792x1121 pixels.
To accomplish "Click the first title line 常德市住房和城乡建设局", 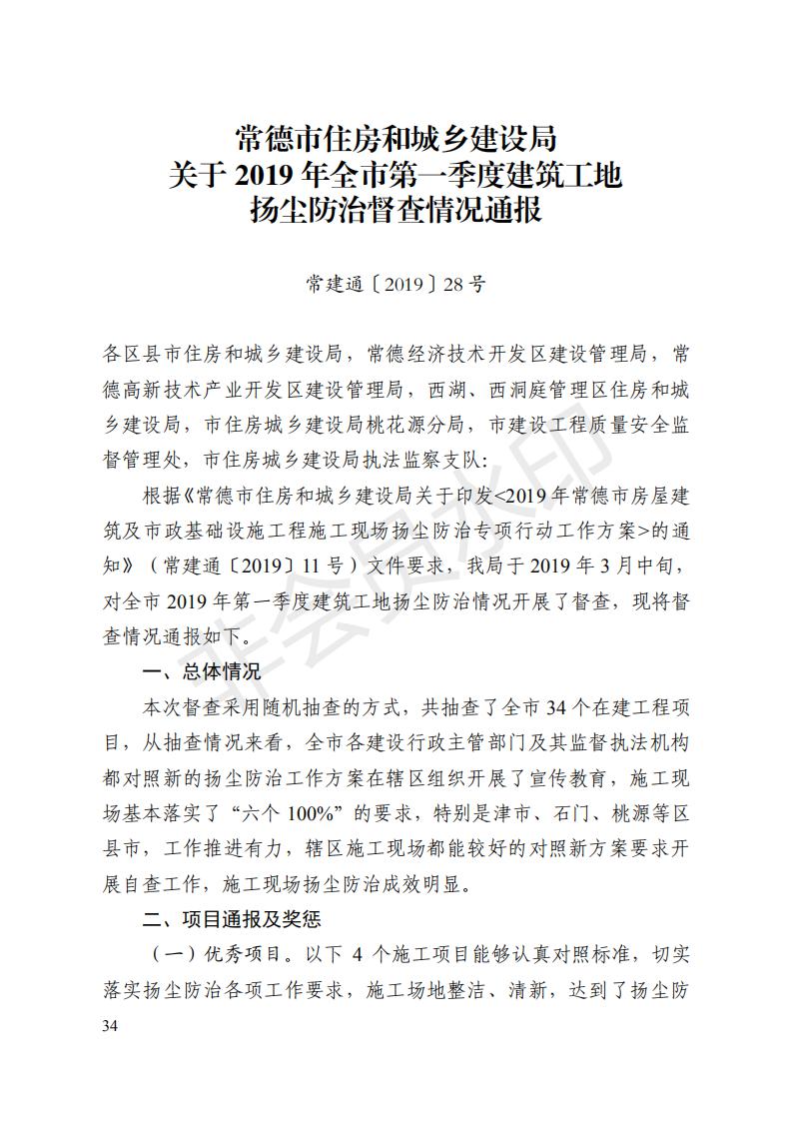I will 396,136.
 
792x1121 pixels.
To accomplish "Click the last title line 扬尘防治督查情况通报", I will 396,211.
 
